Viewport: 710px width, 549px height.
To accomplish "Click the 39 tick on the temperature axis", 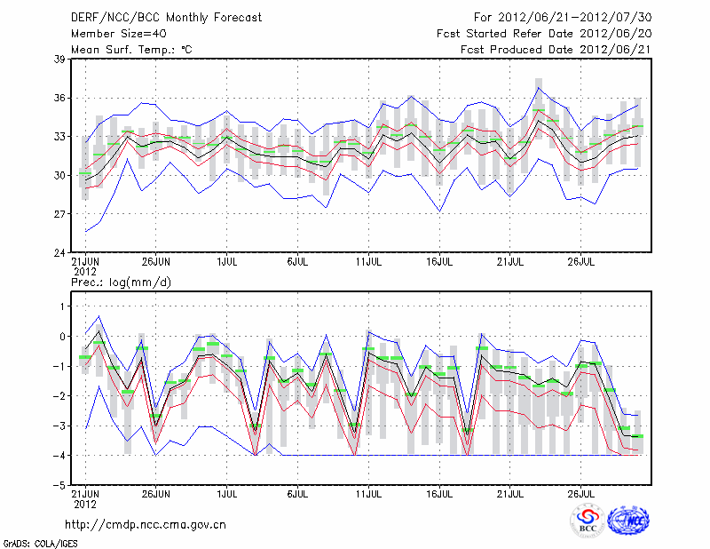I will coord(59,59).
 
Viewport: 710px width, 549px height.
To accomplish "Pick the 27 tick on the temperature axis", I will coord(59,214).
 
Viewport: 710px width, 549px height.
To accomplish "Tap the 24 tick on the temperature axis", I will coord(59,253).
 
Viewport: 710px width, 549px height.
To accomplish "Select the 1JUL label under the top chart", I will coord(226,262).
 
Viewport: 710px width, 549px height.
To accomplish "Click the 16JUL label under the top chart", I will coord(440,262).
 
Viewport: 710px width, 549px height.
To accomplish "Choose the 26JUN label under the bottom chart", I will coord(155,494).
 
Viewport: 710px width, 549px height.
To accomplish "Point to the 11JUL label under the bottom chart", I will coord(368,494).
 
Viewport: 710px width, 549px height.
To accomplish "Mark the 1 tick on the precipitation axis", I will coord(62,306).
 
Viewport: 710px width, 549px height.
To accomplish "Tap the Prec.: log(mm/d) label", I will coord(120,282).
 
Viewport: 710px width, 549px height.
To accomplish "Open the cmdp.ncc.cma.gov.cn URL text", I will coord(146,524).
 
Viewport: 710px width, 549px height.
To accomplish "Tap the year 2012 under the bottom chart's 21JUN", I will coord(84,504).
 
